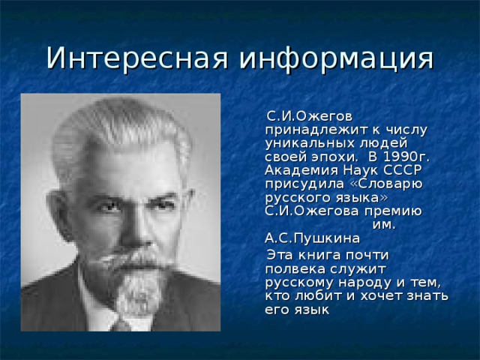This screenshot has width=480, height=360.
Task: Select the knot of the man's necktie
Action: click(121, 325)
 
